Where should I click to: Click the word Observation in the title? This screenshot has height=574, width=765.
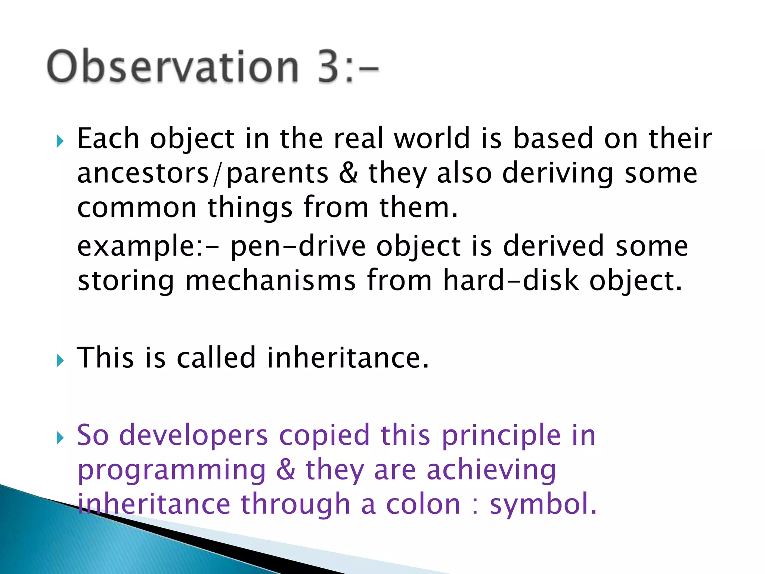173,67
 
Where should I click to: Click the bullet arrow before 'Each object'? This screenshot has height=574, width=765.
60,141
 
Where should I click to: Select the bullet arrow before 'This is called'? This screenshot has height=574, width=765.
60,361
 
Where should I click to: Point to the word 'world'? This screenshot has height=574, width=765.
432,138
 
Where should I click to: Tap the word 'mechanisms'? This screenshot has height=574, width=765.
270,281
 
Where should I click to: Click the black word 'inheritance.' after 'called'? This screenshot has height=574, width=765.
348,358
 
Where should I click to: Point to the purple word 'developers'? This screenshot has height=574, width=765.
193,436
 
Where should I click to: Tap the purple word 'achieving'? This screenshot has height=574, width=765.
491,470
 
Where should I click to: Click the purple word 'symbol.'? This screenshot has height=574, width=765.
543,504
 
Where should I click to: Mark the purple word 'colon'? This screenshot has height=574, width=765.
423,504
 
